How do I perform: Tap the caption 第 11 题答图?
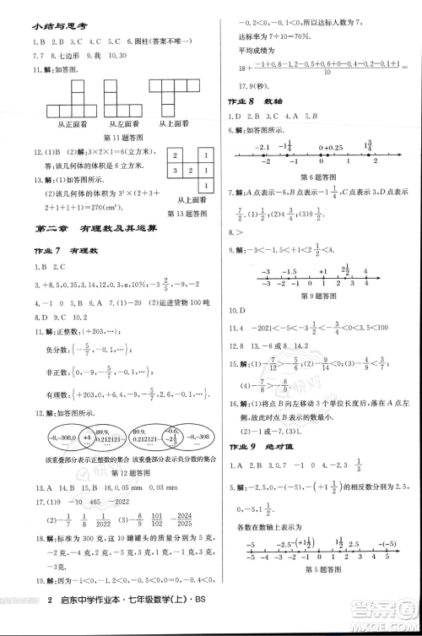(123, 138)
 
